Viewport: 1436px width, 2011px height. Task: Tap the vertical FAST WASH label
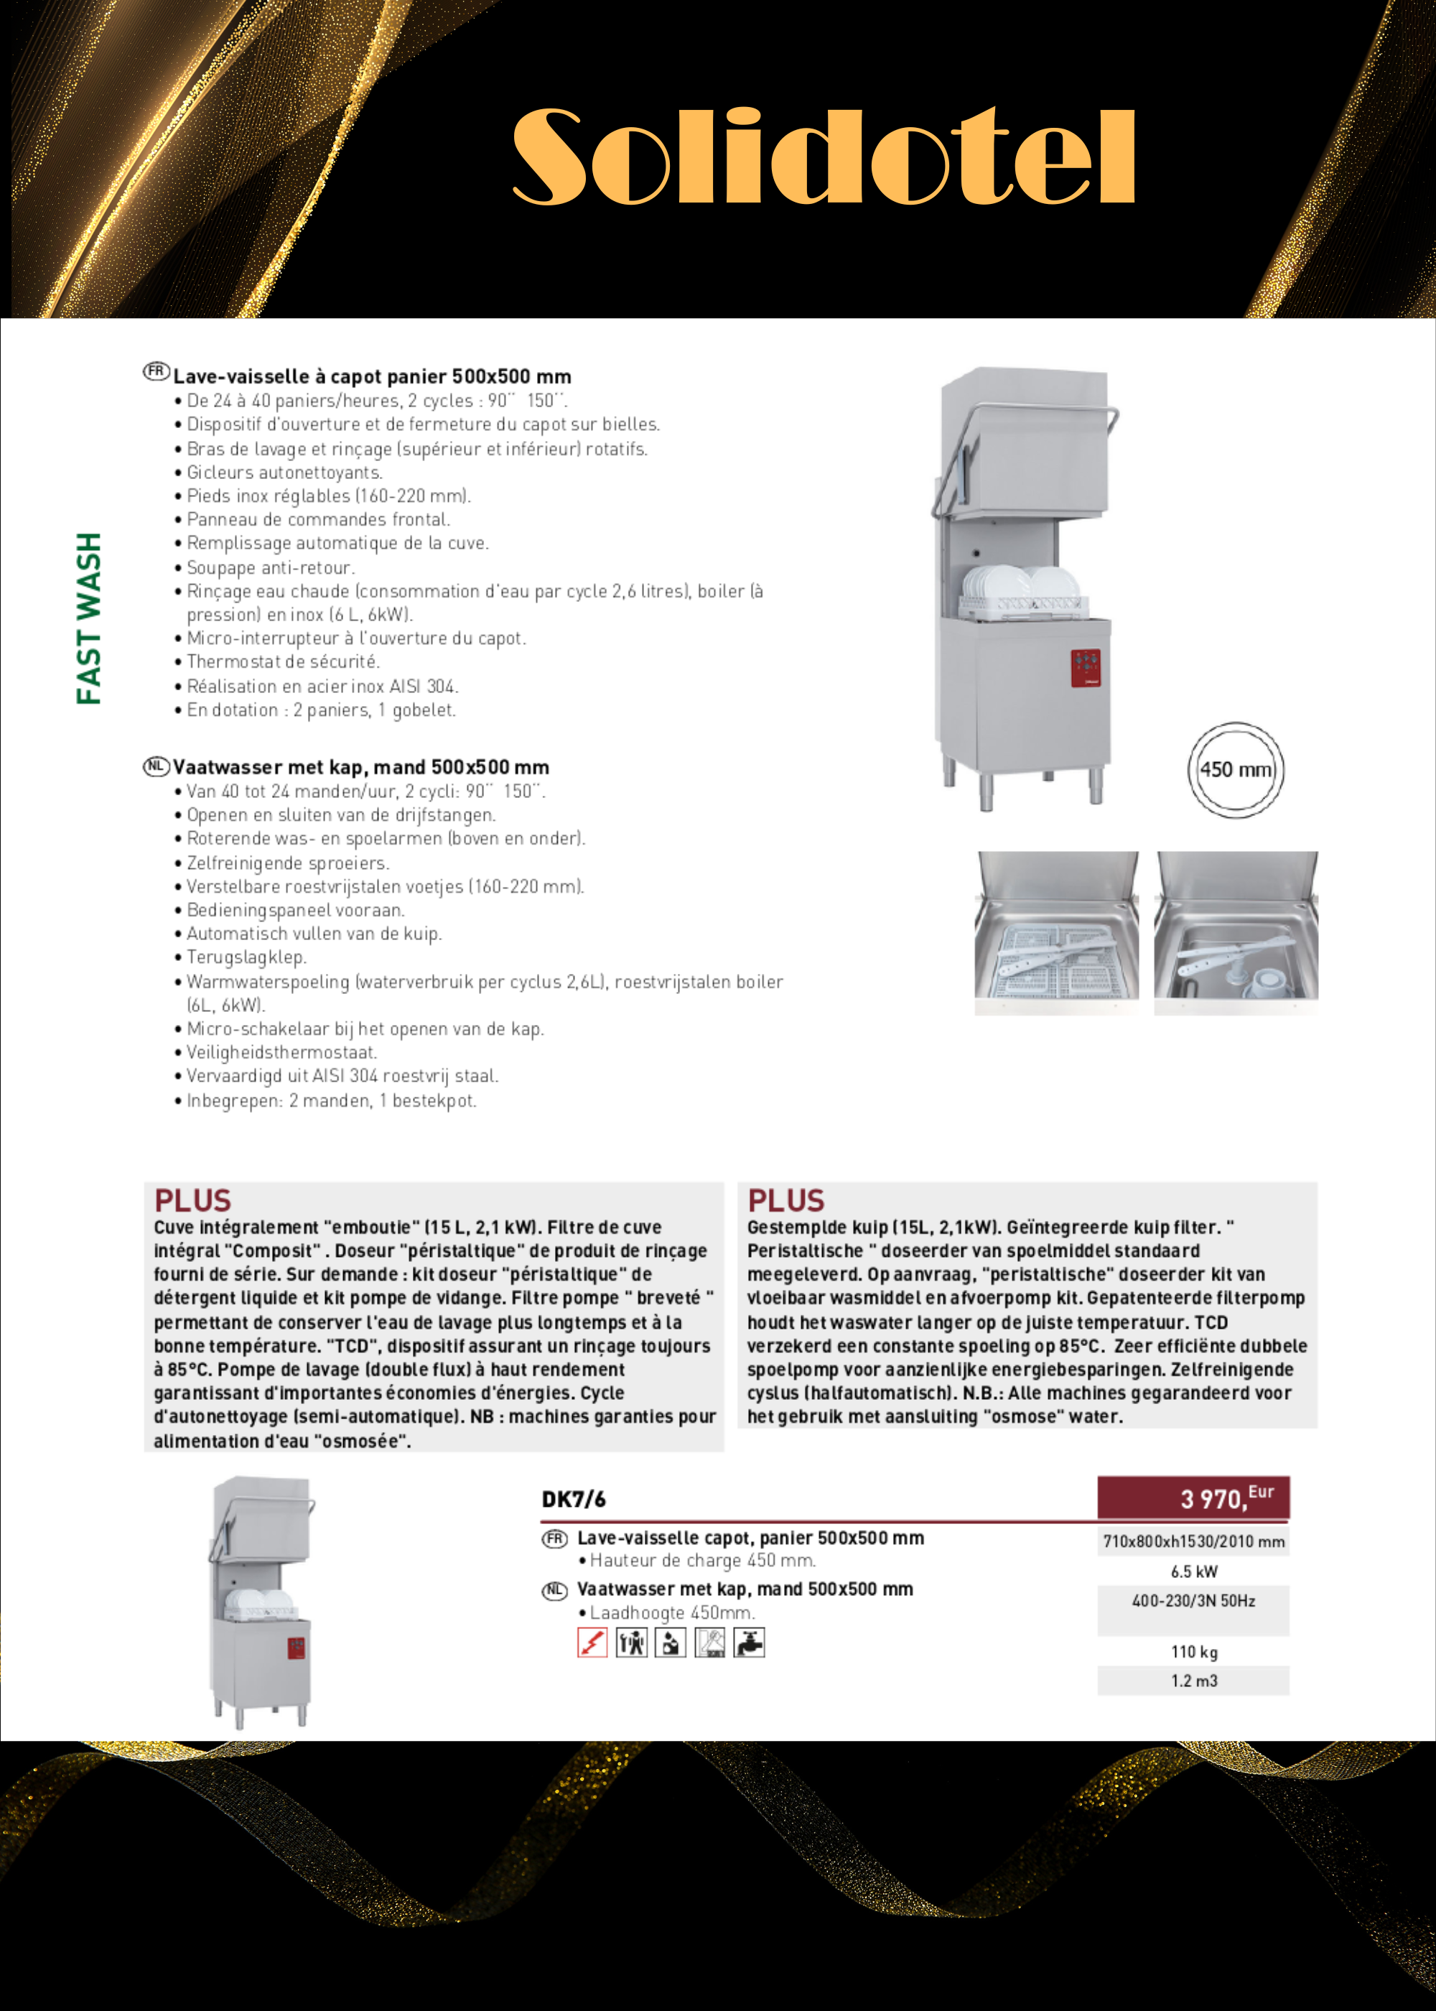point(89,618)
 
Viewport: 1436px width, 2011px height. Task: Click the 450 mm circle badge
point(1235,769)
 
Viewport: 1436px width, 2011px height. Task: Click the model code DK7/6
point(573,1499)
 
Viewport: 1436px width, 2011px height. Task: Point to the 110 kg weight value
point(1194,1651)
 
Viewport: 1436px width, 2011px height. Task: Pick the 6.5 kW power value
point(1194,1571)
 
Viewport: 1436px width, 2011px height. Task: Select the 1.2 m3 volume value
point(1194,1680)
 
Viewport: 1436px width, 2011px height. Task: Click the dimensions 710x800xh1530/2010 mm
point(1194,1541)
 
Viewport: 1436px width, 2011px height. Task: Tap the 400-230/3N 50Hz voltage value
point(1194,1601)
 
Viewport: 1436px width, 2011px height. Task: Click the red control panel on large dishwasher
point(1086,668)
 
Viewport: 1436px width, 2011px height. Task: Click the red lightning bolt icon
point(592,1643)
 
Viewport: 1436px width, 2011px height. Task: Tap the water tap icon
point(749,1643)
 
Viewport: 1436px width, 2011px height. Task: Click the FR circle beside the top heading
point(157,371)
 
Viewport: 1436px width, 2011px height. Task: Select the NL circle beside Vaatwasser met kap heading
point(157,766)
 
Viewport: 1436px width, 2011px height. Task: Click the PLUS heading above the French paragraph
point(192,1200)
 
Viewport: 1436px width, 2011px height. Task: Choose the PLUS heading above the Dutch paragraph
point(786,1200)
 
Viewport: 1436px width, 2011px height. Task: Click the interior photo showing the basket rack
point(1057,933)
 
